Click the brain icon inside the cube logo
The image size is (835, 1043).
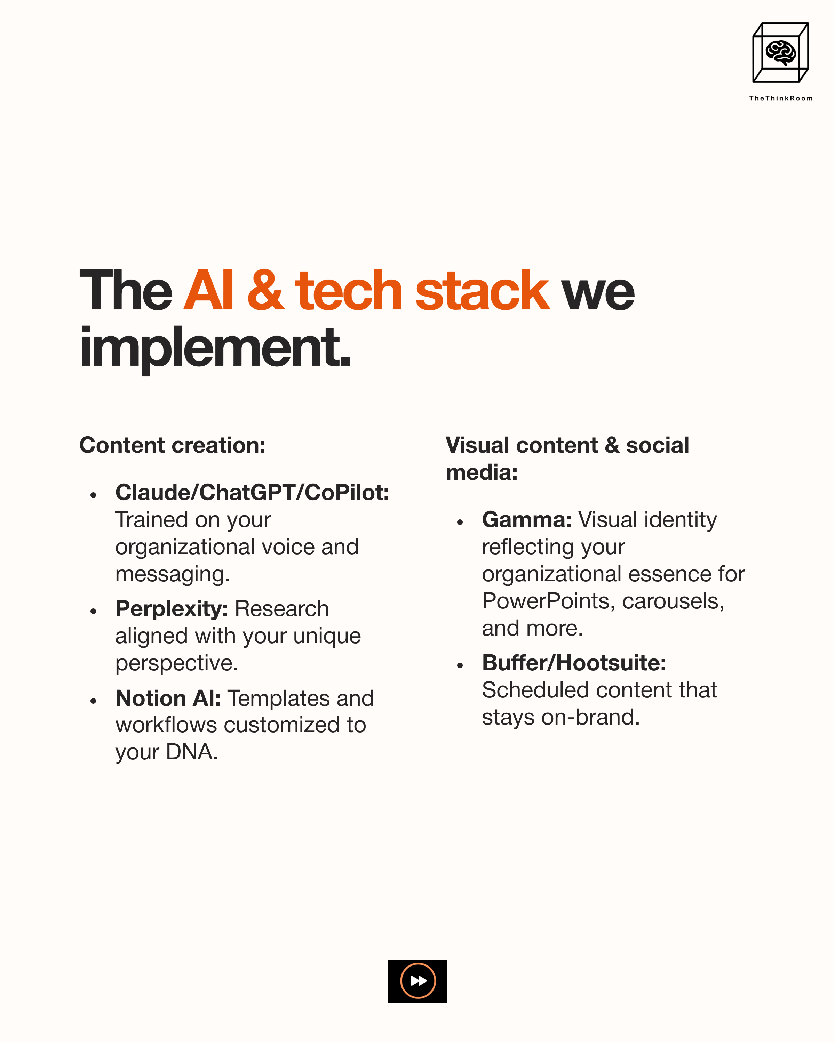[780, 52]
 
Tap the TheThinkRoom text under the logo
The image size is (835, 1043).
[780, 98]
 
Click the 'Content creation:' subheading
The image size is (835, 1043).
[172, 445]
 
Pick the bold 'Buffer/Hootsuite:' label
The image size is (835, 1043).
[574, 663]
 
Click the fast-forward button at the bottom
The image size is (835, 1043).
[417, 981]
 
